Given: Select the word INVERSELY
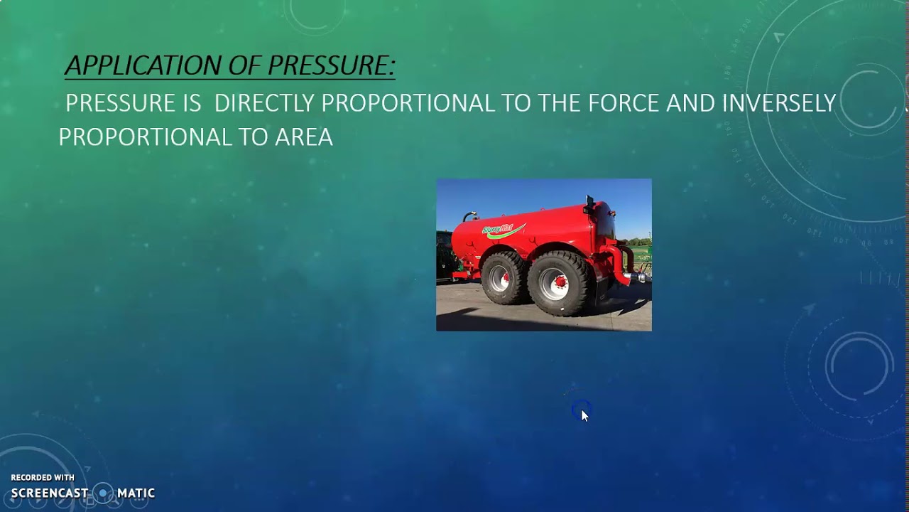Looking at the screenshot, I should (x=778, y=103).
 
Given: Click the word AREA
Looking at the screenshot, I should (x=304, y=137).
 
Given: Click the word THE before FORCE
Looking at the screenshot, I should (x=560, y=103).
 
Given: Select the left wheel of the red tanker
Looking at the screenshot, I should (x=504, y=277).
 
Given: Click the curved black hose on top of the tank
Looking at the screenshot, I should (x=469, y=214).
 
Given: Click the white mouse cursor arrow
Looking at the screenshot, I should (x=584, y=415).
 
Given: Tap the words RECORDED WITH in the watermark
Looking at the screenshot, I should (x=43, y=478).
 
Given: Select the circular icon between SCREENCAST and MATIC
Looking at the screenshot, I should (x=103, y=493).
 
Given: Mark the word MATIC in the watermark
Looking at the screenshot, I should (x=136, y=493).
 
